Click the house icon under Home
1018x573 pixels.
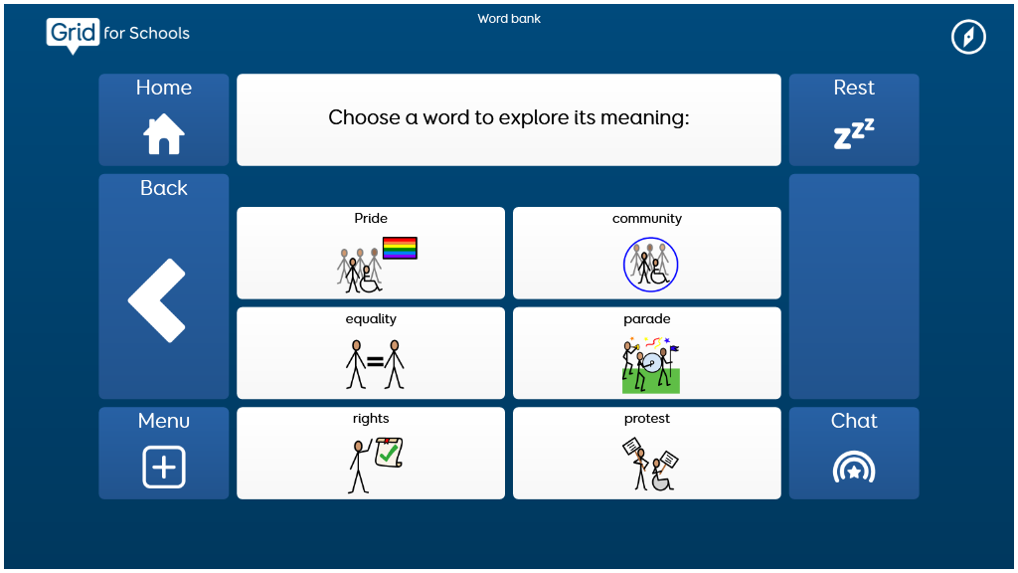click(x=164, y=134)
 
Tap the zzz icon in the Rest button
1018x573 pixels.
click(x=854, y=134)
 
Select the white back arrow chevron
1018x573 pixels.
click(x=157, y=300)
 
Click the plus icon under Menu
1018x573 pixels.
click(x=164, y=467)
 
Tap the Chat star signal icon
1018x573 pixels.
click(x=854, y=468)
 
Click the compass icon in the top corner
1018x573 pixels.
click(x=968, y=37)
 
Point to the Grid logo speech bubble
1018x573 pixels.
click(x=73, y=35)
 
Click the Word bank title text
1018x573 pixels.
click(x=509, y=19)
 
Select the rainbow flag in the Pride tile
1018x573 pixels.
click(x=400, y=248)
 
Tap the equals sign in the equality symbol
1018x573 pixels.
click(x=375, y=362)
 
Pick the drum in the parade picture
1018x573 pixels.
click(x=652, y=362)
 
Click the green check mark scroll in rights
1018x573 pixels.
click(x=389, y=453)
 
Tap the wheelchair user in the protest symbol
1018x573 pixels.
click(x=661, y=476)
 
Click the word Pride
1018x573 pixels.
click(x=371, y=218)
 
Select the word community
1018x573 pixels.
click(x=646, y=219)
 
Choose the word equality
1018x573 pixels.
click(x=371, y=319)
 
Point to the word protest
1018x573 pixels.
click(x=646, y=419)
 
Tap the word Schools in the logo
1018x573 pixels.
click(x=159, y=33)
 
